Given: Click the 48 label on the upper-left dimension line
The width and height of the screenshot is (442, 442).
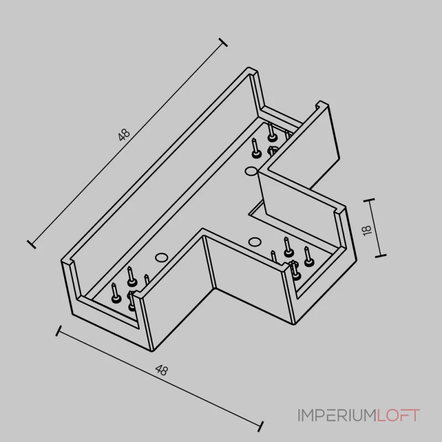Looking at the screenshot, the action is [x=124, y=135].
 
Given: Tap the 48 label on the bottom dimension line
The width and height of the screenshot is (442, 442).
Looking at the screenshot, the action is [x=162, y=370].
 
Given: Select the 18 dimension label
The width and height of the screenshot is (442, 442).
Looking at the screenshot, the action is [x=367, y=230].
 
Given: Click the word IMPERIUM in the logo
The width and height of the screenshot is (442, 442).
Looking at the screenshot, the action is [x=338, y=415].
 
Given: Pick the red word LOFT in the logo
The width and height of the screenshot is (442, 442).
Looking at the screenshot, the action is [x=398, y=415].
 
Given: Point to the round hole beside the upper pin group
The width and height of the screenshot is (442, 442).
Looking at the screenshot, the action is [x=251, y=171].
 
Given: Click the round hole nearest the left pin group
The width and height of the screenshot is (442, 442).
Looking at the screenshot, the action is [x=161, y=257].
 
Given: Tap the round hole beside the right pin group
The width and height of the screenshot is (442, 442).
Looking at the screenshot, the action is [x=254, y=241].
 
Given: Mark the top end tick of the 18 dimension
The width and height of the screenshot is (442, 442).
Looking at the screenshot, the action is [x=369, y=200].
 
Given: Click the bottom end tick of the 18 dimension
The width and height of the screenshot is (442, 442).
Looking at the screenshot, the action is [x=381, y=256].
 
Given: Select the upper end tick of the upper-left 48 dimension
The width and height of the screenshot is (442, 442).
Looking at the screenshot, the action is [x=223, y=43].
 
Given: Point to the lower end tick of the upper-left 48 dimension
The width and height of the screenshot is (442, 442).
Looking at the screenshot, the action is [x=31, y=244].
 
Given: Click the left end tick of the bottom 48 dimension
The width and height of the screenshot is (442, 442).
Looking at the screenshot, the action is [x=59, y=331].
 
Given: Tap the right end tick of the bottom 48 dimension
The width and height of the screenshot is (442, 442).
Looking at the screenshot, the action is [x=261, y=427].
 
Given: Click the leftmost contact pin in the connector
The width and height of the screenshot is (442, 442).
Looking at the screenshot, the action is [x=115, y=293].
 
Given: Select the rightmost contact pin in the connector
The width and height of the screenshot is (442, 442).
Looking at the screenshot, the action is [x=308, y=256].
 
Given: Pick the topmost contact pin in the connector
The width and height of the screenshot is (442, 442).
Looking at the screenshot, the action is [x=271, y=131].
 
